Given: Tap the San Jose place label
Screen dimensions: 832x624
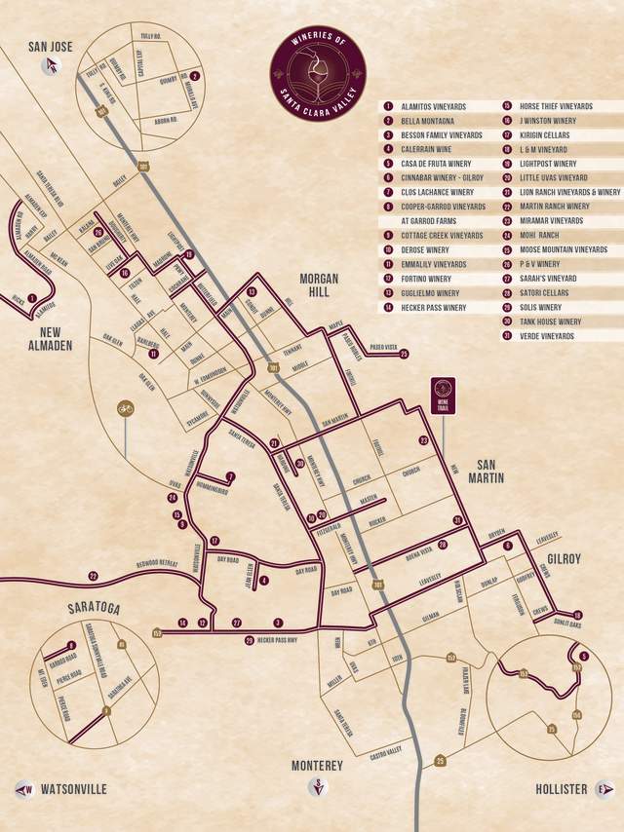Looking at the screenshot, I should tap(51, 46).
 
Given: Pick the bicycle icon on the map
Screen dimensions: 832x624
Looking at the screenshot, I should tap(125, 409).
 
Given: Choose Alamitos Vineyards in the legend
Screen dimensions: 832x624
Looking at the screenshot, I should tap(433, 107).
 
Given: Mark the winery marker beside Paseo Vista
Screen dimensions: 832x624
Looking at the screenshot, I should tap(404, 355).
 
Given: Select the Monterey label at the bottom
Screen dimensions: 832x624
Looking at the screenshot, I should tap(317, 767).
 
